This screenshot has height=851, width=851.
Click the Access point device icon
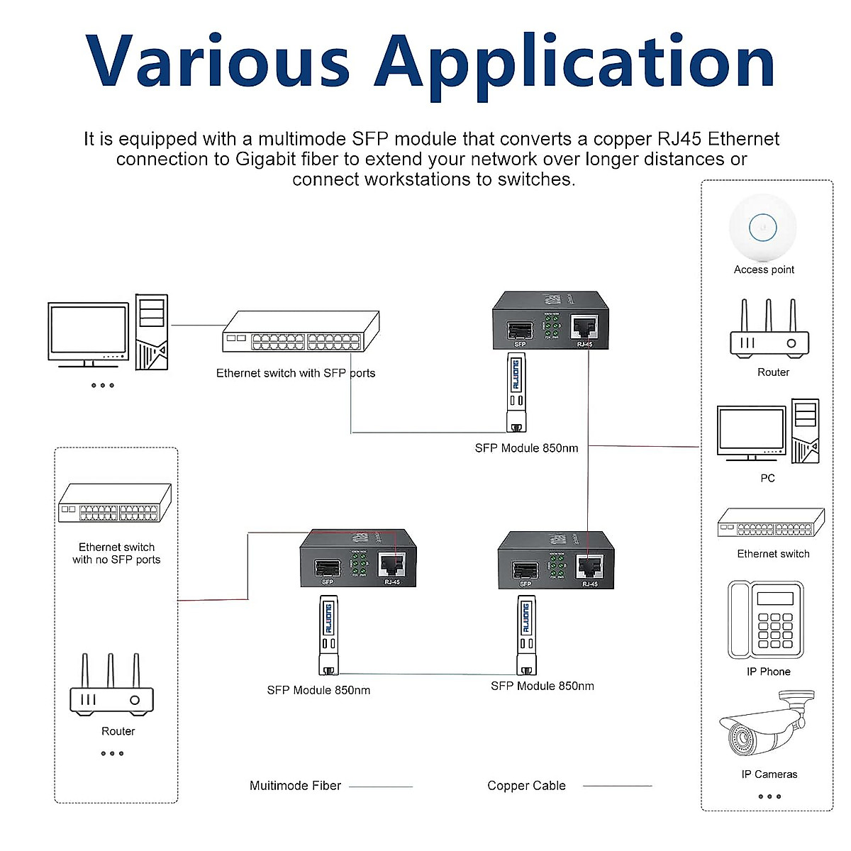point(763,228)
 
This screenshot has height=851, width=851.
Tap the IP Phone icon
point(766,620)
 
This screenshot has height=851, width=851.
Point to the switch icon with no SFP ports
point(115,504)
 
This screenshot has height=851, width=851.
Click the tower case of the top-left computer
point(151,332)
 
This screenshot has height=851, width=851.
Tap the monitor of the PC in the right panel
point(751,431)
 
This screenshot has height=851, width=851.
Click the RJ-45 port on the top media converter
point(585,327)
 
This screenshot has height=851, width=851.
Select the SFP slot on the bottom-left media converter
point(327,567)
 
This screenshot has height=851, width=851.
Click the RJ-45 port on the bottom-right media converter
point(589,567)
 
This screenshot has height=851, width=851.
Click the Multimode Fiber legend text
point(295,786)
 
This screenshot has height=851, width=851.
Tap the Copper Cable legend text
point(526,786)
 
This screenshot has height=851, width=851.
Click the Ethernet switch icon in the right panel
point(771,523)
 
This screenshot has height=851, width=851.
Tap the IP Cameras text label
point(769,774)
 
